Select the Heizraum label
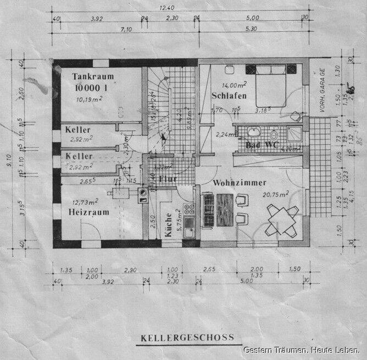(x=89, y=212)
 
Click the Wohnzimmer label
(x=240, y=183)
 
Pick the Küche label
(x=168, y=225)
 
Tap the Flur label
(x=168, y=179)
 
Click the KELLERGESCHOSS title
(x=187, y=337)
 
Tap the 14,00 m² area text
(x=233, y=85)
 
